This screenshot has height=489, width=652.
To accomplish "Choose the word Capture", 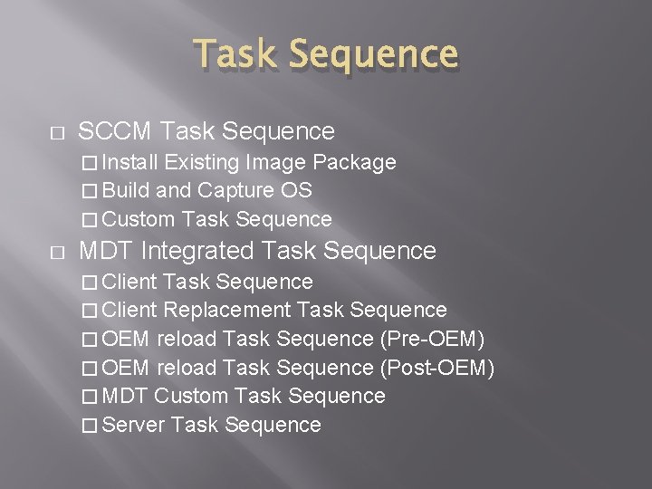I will pos(237,190).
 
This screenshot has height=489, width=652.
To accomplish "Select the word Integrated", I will pos(200,249).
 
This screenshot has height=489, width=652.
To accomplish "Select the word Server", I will pos(134,424).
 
